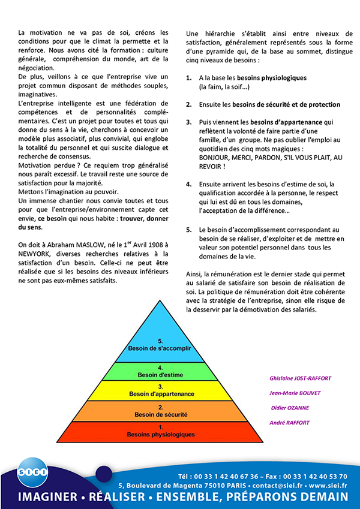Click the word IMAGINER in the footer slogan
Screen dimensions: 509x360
[48, 498]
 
